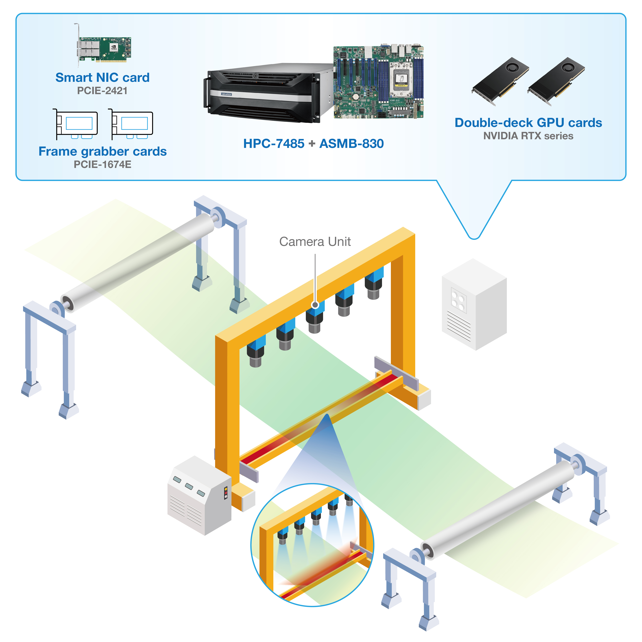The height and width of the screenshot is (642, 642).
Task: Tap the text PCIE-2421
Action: point(102,91)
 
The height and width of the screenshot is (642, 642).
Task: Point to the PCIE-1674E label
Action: point(102,165)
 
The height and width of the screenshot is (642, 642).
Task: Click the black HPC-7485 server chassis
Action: point(266,93)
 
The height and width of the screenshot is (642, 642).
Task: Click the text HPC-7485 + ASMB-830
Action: point(313,144)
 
